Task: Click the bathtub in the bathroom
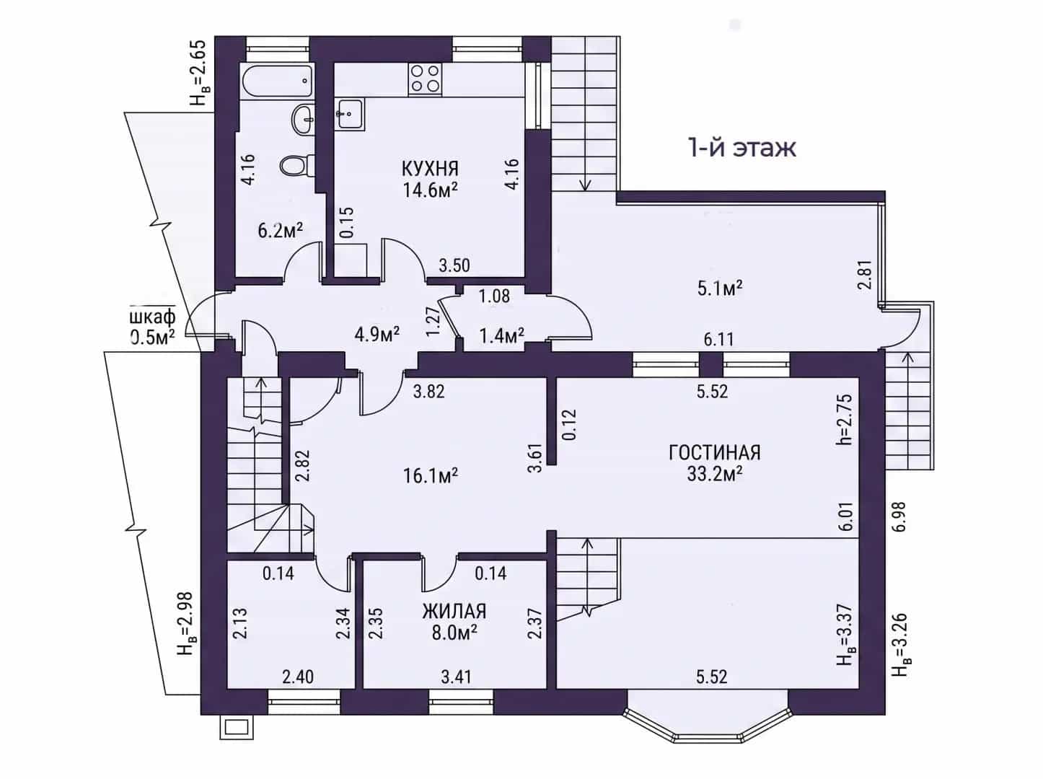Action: [x=278, y=82]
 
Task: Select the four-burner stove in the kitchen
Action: [x=425, y=79]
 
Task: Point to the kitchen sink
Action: [x=350, y=113]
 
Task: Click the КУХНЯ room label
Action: [x=431, y=169]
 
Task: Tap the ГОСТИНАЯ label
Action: [x=715, y=453]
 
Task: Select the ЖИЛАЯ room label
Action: [x=454, y=612]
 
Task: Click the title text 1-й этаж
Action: [x=741, y=148]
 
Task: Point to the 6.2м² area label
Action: [x=281, y=231]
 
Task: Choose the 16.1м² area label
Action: [x=431, y=475]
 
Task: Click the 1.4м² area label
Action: [x=502, y=336]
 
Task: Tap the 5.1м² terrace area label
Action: [x=720, y=289]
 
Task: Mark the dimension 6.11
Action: [x=719, y=339]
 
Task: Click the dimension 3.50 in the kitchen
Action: [x=454, y=265]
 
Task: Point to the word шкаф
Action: [x=152, y=317]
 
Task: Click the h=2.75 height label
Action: [x=846, y=420]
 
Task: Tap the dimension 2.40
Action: [x=298, y=677]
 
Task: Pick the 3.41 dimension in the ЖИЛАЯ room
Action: [x=456, y=677]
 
